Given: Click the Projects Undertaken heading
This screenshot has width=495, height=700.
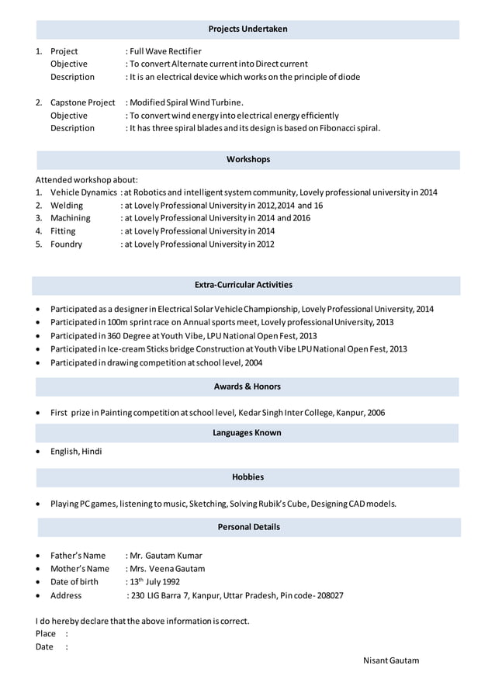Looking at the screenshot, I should [x=247, y=29].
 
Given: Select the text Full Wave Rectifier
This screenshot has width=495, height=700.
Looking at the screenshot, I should [x=165, y=51].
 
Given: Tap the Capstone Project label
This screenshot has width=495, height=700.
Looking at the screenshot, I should [x=82, y=102].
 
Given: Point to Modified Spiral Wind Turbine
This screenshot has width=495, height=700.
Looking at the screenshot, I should [x=186, y=102].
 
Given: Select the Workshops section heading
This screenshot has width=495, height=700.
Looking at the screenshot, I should [x=247, y=159].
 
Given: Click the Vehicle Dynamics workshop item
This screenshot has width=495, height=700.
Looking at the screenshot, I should [x=84, y=192].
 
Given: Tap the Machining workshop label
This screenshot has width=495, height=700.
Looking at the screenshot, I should [x=70, y=218].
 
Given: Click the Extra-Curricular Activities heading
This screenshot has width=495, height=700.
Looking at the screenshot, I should [x=243, y=285].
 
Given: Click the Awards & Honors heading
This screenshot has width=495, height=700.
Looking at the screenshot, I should [x=247, y=386].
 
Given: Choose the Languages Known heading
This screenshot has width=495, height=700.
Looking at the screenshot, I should [x=247, y=432].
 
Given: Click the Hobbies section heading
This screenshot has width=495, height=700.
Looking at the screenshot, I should [x=247, y=476].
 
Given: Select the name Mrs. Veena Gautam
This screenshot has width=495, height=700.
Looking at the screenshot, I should [x=167, y=569].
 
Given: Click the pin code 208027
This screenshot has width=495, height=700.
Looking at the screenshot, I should [x=328, y=596].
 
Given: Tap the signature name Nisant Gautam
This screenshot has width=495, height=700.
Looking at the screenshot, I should [x=390, y=660].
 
